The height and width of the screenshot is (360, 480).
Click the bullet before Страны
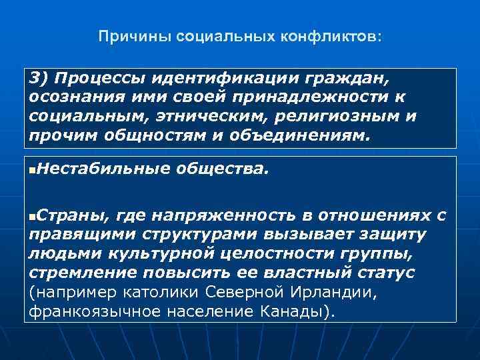coord(33,216)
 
